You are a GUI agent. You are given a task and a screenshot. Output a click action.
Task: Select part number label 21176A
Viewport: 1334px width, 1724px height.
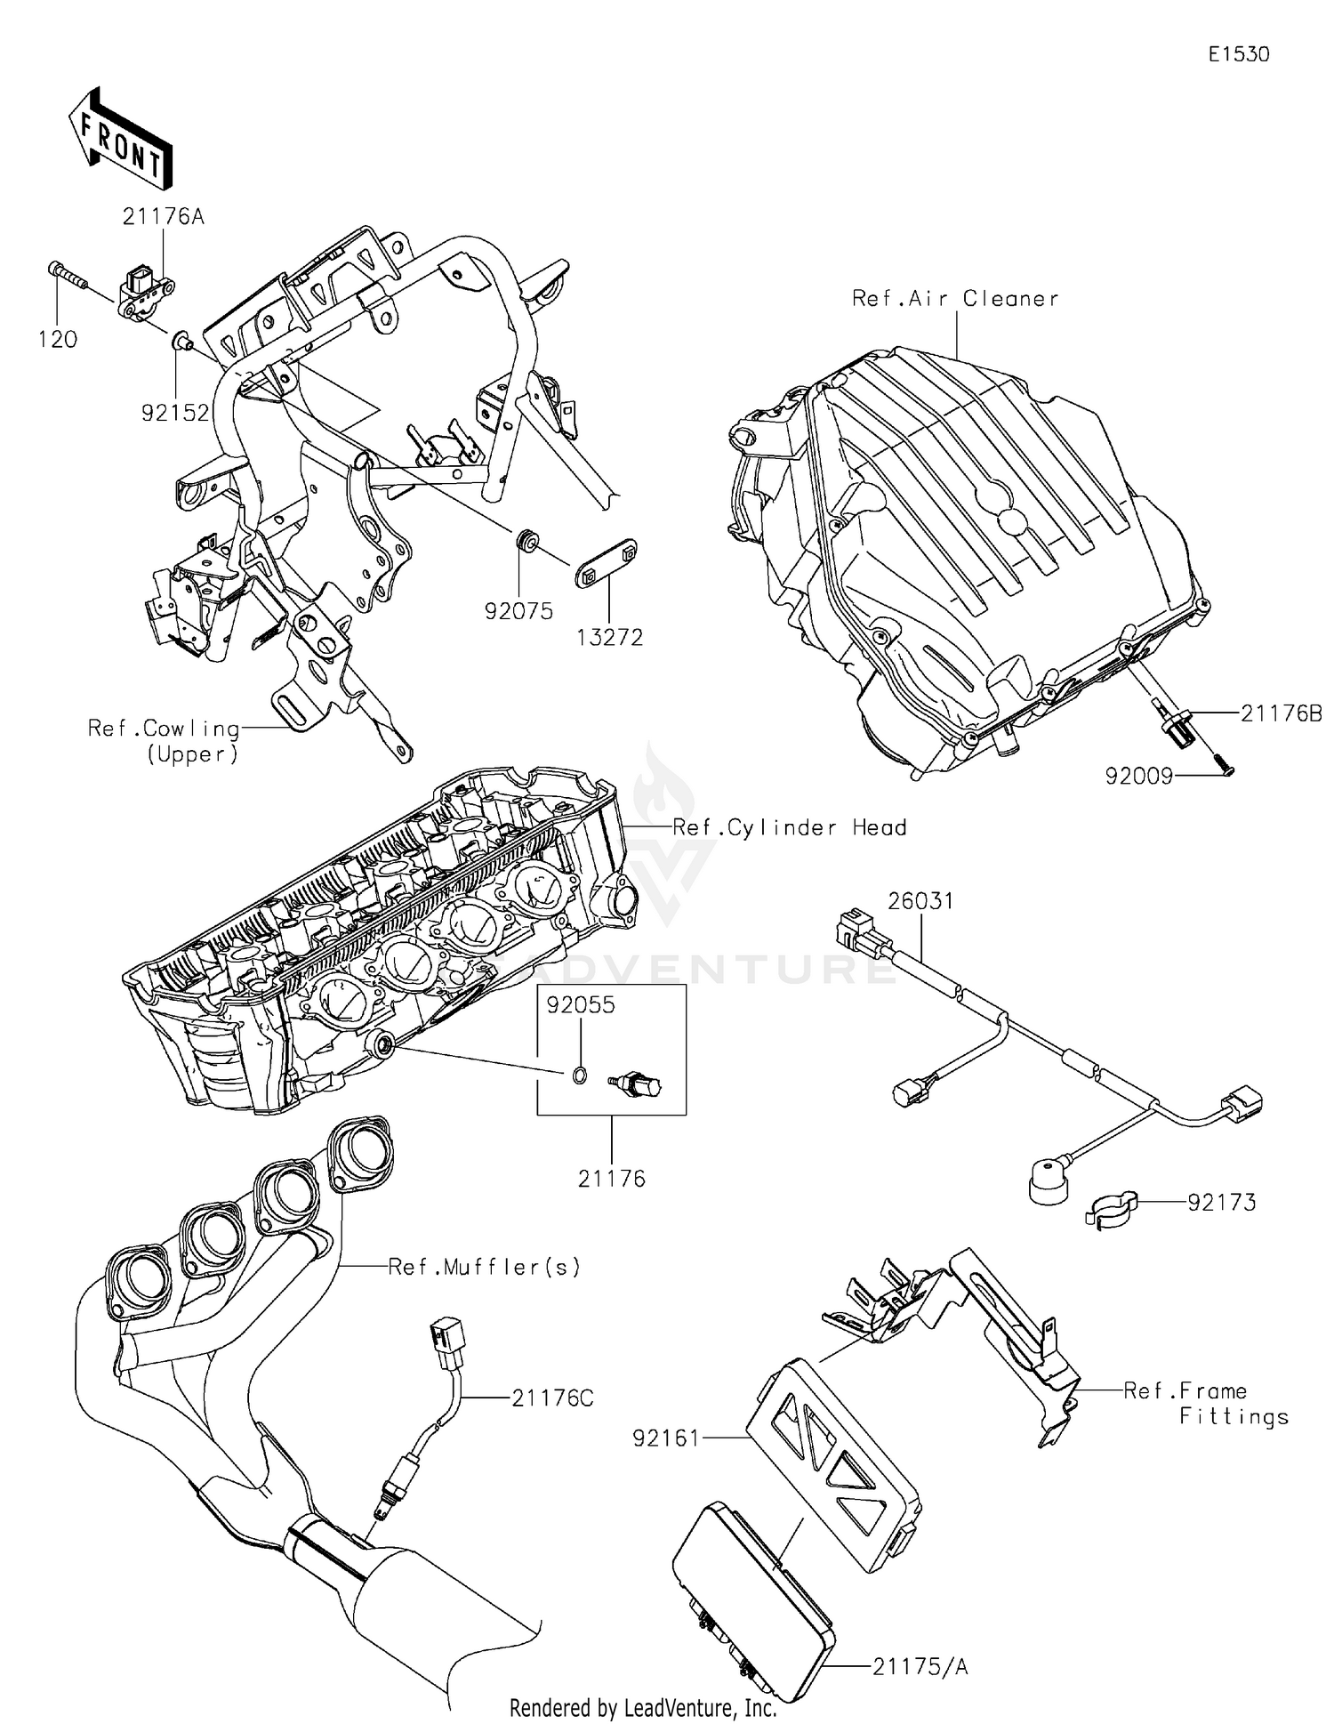pyautogui.click(x=164, y=216)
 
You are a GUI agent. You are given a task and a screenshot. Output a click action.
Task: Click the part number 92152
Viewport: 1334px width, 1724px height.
pyautogui.click(x=175, y=413)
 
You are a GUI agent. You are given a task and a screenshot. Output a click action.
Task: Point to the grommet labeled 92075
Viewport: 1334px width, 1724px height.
pyautogui.click(x=526, y=539)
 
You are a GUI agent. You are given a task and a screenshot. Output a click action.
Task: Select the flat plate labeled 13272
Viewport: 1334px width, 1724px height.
pyautogui.click(x=606, y=563)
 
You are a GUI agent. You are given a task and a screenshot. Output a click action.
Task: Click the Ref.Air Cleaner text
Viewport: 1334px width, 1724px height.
pyautogui.click(x=955, y=299)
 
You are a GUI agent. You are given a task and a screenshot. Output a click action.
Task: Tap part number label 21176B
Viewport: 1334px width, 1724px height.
pyautogui.click(x=1281, y=713)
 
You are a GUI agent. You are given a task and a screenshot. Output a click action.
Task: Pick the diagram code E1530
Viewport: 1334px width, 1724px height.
pyautogui.click(x=1238, y=54)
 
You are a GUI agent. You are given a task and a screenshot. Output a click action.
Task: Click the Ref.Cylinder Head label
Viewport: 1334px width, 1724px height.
pyautogui.click(x=789, y=827)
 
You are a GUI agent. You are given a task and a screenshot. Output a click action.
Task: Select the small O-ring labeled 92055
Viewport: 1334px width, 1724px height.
pyautogui.click(x=579, y=1076)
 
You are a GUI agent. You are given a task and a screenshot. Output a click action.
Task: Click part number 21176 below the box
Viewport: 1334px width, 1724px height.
pyautogui.click(x=611, y=1179)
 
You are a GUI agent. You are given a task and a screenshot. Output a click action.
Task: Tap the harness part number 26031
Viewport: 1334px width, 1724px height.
pyautogui.click(x=920, y=901)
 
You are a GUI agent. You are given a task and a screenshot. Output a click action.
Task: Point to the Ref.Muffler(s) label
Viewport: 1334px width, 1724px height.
pyautogui.click(x=484, y=1267)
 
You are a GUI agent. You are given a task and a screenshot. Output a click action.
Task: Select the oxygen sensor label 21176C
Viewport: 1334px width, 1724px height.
pyautogui.click(x=551, y=1398)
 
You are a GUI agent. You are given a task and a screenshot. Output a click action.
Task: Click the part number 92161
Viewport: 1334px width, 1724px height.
pyautogui.click(x=666, y=1438)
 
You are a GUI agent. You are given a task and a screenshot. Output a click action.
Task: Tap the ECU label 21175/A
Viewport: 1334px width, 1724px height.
pyautogui.click(x=919, y=1667)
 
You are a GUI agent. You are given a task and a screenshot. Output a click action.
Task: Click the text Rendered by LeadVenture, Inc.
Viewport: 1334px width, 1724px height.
pyautogui.click(x=643, y=1708)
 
